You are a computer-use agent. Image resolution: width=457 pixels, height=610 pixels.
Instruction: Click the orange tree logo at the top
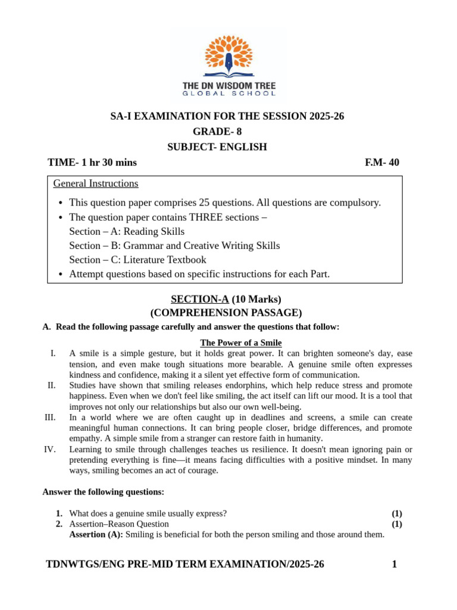point(228,57)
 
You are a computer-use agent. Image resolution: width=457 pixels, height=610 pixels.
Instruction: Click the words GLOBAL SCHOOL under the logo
point(228,94)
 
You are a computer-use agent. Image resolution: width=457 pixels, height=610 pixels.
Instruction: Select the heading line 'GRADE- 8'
point(217,132)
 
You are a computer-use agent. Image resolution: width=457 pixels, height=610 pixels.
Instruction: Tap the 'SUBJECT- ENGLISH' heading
point(217,147)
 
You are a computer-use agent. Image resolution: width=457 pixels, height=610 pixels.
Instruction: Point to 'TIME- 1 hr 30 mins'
point(92,163)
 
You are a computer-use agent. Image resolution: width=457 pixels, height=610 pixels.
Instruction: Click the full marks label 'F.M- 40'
point(381,163)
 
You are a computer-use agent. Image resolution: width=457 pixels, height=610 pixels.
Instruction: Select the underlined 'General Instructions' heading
point(96,183)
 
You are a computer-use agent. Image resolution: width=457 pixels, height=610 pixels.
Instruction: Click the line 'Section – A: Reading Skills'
point(127,231)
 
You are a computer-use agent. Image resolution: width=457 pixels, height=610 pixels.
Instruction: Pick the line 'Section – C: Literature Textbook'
point(137,260)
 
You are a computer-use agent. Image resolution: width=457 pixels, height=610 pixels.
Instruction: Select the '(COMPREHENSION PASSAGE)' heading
point(226,313)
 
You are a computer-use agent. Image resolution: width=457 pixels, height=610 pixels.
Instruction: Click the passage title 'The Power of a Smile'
point(241,343)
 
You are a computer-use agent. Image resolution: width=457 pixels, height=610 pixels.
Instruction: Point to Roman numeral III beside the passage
point(50,418)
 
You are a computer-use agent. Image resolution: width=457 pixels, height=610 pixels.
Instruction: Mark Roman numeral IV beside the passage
point(50,450)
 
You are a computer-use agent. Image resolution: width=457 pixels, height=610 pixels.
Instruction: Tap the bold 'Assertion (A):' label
point(96,535)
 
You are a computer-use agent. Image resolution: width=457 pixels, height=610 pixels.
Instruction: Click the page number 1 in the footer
point(394,564)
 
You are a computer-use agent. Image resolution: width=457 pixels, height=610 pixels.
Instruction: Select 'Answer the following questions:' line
point(103,492)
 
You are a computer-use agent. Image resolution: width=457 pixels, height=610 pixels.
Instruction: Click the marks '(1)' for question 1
point(397,513)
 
